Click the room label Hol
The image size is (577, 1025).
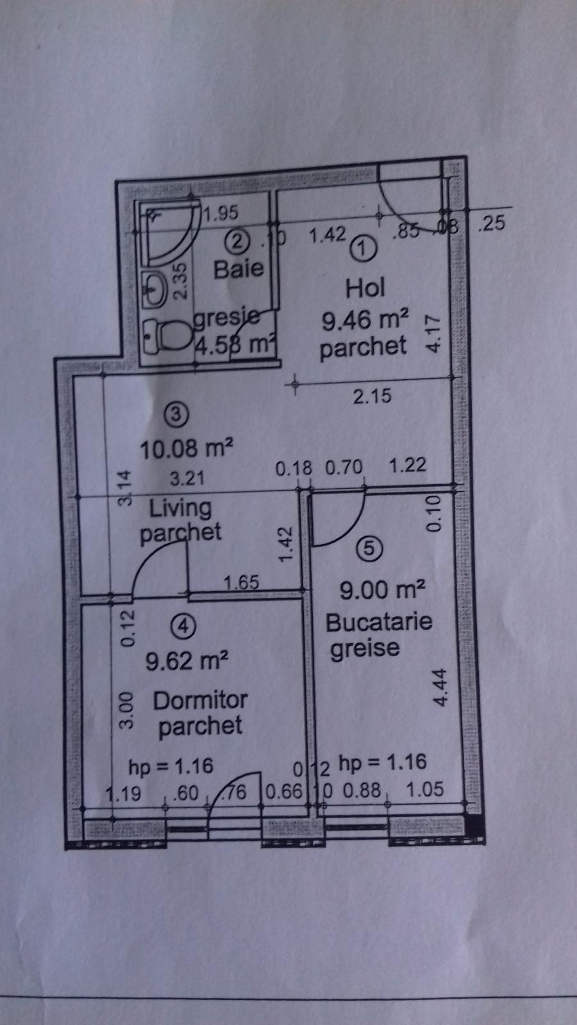(x=365, y=288)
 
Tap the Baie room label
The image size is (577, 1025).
(x=238, y=268)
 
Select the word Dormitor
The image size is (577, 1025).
(x=200, y=700)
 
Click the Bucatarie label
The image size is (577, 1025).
(x=378, y=621)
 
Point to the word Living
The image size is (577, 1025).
(x=180, y=508)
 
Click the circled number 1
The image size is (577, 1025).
(x=364, y=247)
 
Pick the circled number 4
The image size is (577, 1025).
(x=183, y=626)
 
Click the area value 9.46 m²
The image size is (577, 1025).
(x=365, y=319)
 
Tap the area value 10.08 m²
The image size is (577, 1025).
(x=185, y=448)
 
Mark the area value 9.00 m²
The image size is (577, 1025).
(x=382, y=589)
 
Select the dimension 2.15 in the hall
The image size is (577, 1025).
(x=372, y=396)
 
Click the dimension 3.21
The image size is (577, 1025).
(x=187, y=479)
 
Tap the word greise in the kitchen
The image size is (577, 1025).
(x=364, y=648)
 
